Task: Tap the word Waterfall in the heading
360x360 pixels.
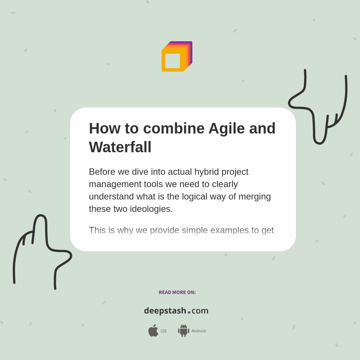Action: [120, 147]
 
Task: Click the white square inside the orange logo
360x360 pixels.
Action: [172, 61]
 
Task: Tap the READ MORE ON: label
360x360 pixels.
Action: [177, 292]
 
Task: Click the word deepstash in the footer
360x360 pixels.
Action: [165, 311]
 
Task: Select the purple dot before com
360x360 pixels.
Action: [189, 312]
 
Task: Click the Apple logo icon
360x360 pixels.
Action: [153, 331]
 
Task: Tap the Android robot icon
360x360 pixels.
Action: [183, 331]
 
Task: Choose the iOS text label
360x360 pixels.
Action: [163, 331]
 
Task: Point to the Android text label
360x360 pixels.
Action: [198, 331]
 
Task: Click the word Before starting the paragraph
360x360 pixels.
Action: [102, 172]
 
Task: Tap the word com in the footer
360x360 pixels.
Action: [200, 311]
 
